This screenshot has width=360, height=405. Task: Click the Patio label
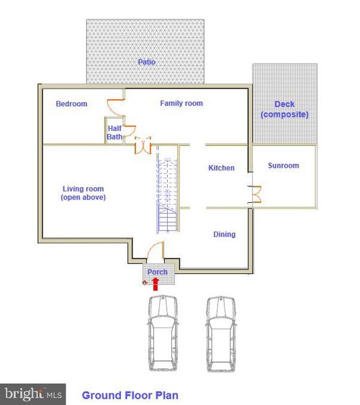[147, 62]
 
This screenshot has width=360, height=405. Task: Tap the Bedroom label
[71, 104]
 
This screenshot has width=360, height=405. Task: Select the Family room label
[181, 104]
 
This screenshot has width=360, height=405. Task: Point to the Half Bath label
[114, 132]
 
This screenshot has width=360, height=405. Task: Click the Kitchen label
[222, 168]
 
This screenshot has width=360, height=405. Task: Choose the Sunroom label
[284, 165]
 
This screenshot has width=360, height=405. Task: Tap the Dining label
[225, 235]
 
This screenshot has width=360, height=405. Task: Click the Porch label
[158, 272]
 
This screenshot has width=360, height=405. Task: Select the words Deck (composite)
[284, 109]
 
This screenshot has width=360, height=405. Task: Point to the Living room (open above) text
[84, 193]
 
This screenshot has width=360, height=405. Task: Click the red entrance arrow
[156, 284]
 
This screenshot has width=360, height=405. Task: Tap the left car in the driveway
[163, 334]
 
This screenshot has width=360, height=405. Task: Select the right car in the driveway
[221, 334]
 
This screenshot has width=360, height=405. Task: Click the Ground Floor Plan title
[130, 396]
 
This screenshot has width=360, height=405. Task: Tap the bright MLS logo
[33, 394]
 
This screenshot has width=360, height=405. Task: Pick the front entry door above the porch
[156, 250]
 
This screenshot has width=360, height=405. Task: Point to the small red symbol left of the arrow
[145, 283]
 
